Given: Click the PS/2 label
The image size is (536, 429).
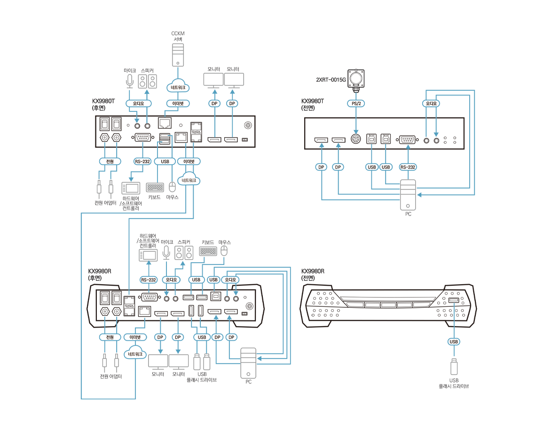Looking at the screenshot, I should tap(355, 103).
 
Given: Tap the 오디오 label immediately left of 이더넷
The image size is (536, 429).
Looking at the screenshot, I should tap(138, 103).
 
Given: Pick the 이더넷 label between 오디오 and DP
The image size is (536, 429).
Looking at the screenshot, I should tap(175, 103).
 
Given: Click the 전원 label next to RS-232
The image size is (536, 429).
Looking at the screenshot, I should tap(110, 162).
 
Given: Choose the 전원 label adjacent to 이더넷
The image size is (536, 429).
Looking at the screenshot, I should tap(110, 337).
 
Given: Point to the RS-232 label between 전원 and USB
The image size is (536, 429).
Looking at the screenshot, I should tap(142, 162).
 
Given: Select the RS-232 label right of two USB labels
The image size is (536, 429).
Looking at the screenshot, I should tap(408, 167).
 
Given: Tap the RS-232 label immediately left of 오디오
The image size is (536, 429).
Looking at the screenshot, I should tap(149, 280).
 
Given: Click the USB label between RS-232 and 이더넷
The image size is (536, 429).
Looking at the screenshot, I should tap(165, 162).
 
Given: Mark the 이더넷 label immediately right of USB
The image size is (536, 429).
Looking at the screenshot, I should tap(189, 162).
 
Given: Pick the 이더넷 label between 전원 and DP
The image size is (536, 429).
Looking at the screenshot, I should tap(135, 337).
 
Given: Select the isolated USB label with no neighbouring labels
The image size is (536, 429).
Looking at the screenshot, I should tap(454, 342).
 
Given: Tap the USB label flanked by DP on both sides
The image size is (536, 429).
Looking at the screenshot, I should tap(202, 337).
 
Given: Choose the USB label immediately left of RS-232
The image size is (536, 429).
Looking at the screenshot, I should tap(386, 167).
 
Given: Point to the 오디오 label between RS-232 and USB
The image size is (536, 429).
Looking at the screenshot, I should tap(171, 280).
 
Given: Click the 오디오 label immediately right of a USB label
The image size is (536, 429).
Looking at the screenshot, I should tap(230, 280).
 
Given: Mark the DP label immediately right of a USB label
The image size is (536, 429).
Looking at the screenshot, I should tap(217, 337).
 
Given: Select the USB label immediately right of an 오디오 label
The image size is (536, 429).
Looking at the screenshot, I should tap(196, 280).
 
